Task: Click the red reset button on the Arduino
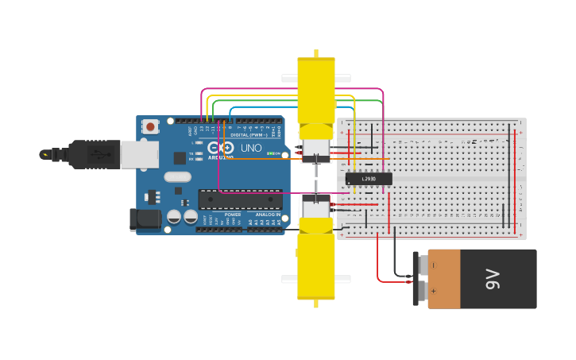tap(150, 126)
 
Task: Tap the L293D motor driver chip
tap(369, 179)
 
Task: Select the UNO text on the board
tap(251, 148)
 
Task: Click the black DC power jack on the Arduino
tap(145, 219)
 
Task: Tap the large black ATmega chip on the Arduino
tap(239, 199)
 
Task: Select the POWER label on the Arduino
tap(233, 215)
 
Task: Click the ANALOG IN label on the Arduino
tap(268, 215)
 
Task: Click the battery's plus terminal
tap(433, 291)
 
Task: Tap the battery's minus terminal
tap(433, 265)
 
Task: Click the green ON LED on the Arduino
tap(272, 153)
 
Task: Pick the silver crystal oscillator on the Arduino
tap(178, 177)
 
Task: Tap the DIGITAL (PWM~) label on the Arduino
tap(245, 135)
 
